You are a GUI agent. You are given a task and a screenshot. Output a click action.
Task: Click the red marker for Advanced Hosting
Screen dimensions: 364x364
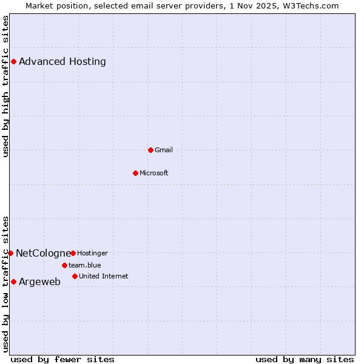[x=13, y=61]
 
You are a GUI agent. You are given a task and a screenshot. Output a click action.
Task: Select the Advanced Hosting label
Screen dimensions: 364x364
[x=62, y=61]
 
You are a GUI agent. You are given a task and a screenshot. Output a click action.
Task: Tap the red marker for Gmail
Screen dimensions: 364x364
[x=151, y=150]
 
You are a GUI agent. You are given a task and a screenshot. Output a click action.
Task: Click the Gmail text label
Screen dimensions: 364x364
[x=164, y=150]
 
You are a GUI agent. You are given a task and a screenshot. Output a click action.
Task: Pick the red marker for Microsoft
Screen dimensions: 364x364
[x=135, y=173]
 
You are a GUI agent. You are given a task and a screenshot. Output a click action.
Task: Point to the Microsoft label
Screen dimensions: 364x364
[x=154, y=173]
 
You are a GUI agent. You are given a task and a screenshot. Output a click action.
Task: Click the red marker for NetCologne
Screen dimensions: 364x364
[x=10, y=253]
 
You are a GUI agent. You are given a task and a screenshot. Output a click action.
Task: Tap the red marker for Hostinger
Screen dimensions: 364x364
[x=73, y=253]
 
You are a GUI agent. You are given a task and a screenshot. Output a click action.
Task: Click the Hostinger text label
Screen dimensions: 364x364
[x=92, y=253]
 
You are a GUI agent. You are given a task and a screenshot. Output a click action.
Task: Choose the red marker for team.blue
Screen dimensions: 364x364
[x=64, y=265]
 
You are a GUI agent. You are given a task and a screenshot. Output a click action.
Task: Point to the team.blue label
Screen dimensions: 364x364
[x=85, y=265]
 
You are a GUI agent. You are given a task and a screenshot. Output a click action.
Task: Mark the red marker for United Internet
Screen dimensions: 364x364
[x=75, y=276]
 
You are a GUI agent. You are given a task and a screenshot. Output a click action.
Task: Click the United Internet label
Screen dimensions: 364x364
[x=104, y=276]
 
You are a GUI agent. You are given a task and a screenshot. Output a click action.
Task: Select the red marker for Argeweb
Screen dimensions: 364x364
[x=13, y=281]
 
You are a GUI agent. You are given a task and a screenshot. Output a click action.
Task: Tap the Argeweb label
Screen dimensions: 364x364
[x=40, y=281]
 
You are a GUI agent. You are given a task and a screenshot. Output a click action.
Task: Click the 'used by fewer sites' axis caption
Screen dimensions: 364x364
[x=62, y=359]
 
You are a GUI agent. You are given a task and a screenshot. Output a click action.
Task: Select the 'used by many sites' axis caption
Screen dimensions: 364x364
[x=305, y=359]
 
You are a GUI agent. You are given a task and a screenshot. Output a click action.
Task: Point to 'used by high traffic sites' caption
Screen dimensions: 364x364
[x=6, y=86]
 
